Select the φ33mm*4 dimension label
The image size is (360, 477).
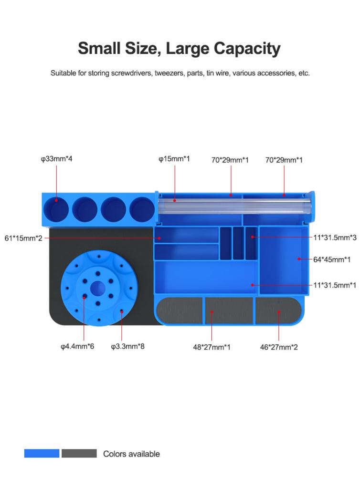coord(56,158)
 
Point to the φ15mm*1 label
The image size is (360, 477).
coord(174,158)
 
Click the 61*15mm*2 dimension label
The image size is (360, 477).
coord(23,238)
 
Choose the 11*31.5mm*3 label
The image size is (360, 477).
coord(335,237)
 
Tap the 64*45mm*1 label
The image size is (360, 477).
coord(332,259)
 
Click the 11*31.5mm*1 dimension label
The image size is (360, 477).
coord(335,285)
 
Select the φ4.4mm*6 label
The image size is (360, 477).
coord(77,346)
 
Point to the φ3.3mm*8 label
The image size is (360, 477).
coord(127,346)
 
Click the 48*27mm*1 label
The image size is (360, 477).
coord(212,347)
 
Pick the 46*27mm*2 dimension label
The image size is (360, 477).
coord(279,347)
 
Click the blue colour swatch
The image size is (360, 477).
coord(42,453)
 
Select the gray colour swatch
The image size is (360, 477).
coord(79,453)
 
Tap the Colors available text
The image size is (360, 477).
coord(131,454)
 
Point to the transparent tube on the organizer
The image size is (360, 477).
coord(234,207)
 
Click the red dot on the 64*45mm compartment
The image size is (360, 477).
coord(298,259)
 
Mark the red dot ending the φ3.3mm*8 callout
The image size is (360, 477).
coord(122,311)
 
